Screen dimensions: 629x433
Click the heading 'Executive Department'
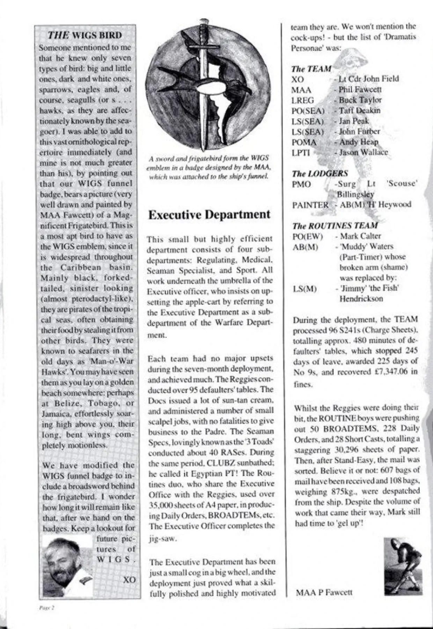point(209,214)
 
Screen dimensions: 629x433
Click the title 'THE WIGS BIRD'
point(85,35)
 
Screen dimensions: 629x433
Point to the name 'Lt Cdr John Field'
point(368,79)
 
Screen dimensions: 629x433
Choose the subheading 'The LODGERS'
point(320,173)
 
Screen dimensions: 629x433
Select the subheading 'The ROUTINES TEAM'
point(335,225)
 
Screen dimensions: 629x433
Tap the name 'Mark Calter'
point(360,236)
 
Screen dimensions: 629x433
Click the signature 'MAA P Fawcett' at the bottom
point(324,592)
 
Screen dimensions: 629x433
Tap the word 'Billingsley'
point(355,194)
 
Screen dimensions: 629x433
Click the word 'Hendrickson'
point(361,299)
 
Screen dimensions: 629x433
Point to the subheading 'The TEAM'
point(311,69)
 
